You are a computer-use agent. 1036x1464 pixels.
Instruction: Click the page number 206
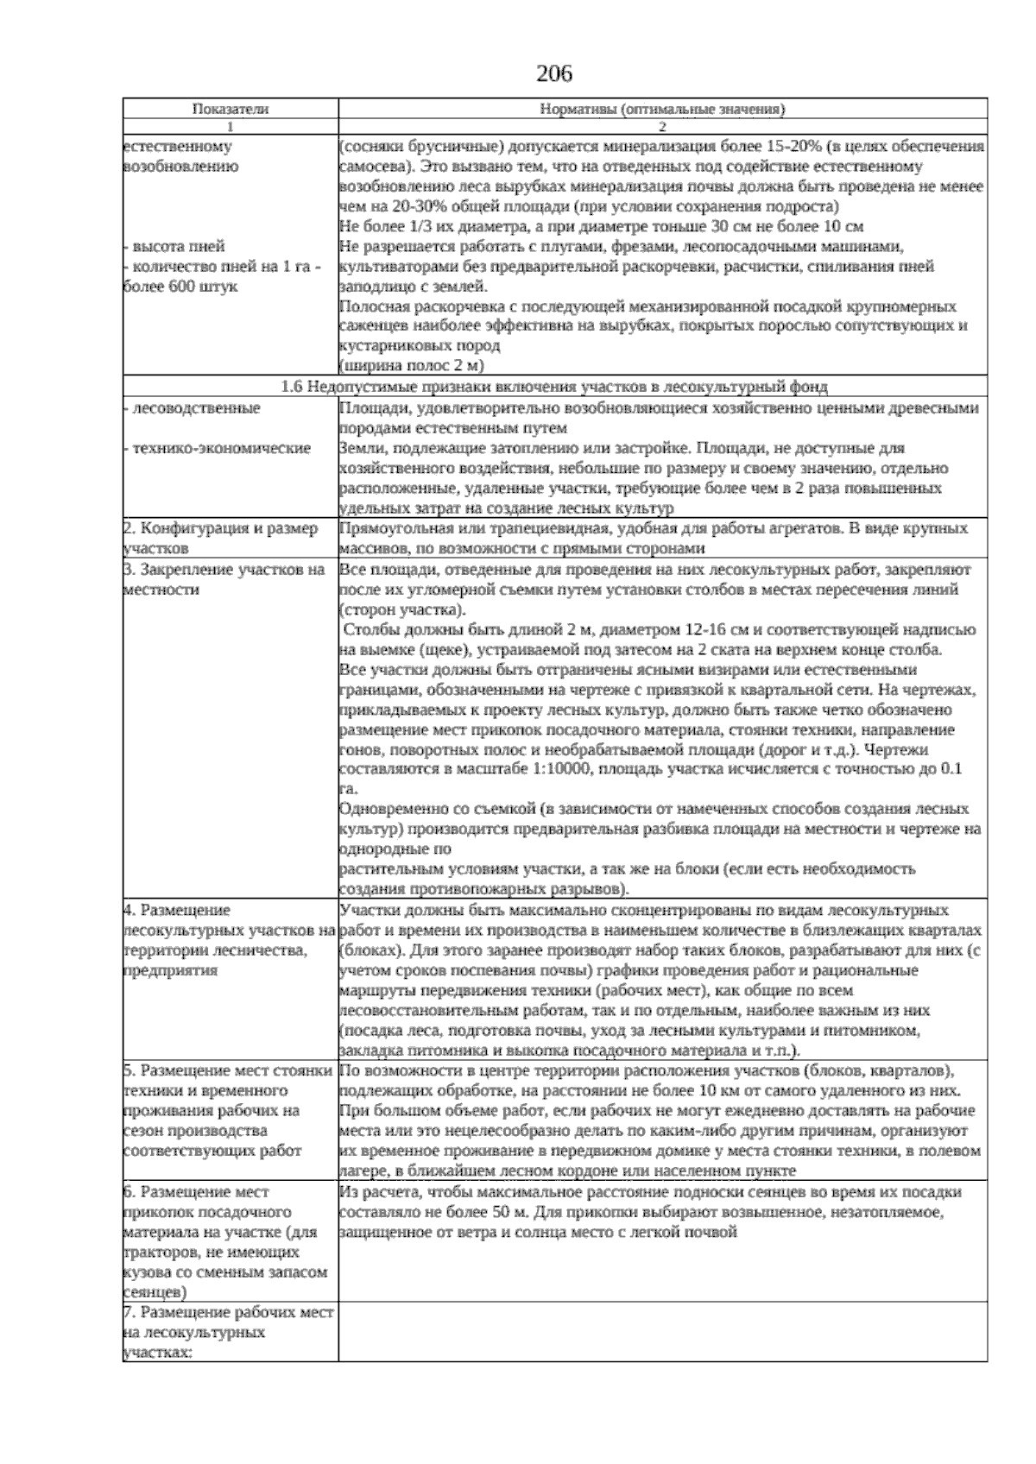(x=554, y=74)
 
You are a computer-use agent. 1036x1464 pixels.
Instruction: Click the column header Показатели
(x=230, y=110)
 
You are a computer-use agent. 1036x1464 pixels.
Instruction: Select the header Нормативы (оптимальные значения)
(x=662, y=110)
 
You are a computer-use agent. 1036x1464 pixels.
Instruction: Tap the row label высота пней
(x=178, y=247)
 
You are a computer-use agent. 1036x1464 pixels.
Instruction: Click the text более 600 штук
(x=181, y=287)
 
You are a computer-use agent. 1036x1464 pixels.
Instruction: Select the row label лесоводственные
(x=195, y=407)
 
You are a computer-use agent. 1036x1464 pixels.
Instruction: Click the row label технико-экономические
(x=221, y=448)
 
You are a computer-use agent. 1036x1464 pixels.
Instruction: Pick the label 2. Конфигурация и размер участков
(x=221, y=537)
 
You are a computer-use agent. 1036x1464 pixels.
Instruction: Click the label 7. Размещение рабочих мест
(x=228, y=1332)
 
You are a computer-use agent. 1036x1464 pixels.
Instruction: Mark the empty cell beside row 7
(x=661, y=1332)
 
